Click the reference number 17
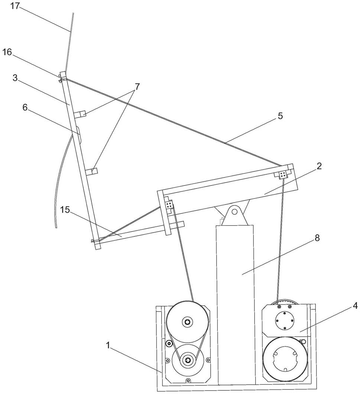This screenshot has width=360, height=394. coord(15,6)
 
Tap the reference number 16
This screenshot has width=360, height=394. coord(7,52)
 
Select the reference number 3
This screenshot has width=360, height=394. coord(15,78)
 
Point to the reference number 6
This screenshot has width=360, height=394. coord(25,107)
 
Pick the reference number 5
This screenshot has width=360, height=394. coord(280,116)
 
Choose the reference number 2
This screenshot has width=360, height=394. coord(319,166)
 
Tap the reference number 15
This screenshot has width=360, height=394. coord(65,210)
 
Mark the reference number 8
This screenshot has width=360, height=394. coord(317,238)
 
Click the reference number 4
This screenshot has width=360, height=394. coord(355,306)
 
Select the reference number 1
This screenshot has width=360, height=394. coord(108,346)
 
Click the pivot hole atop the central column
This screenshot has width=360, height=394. coord(234,211)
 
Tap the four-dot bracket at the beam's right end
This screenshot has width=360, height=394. coord(283,174)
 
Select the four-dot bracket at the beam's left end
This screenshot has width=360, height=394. coord(169,204)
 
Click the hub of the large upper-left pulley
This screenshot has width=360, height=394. coord(187,322)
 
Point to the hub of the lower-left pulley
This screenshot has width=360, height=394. coord(187,360)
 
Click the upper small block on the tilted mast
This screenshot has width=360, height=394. coord(80,114)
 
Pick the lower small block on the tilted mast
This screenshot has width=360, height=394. coord(92,171)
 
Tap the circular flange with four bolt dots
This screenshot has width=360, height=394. coord(284,320)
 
